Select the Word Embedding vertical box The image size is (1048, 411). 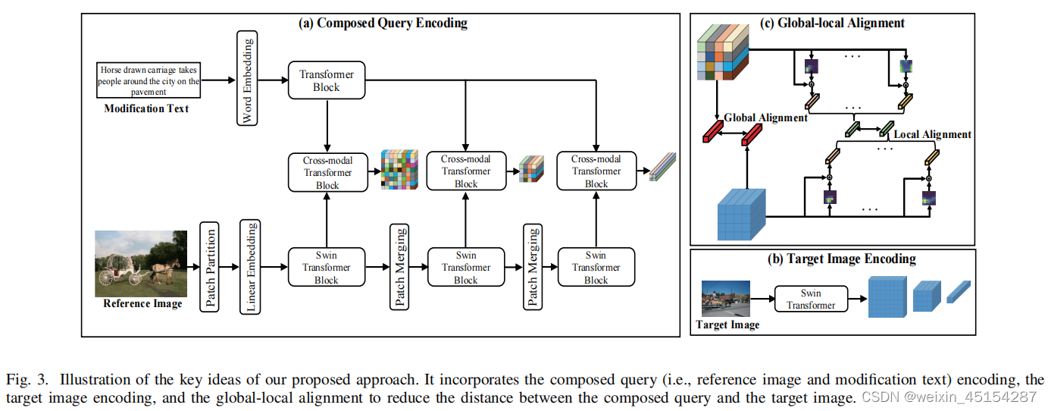(x=248, y=80)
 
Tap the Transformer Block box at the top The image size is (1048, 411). (x=327, y=80)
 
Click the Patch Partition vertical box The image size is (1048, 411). (x=208, y=265)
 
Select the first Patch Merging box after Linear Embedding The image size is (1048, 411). (x=399, y=265)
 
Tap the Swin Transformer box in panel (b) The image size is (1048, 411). (x=811, y=300)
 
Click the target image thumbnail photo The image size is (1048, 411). (x=726, y=299)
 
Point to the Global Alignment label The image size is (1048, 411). (x=765, y=118)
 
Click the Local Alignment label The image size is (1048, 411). (x=932, y=134)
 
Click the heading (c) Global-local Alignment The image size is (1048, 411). (x=832, y=23)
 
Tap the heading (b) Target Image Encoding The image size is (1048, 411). (x=832, y=259)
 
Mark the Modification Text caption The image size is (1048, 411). (x=146, y=108)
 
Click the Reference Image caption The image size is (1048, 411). (x=142, y=304)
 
